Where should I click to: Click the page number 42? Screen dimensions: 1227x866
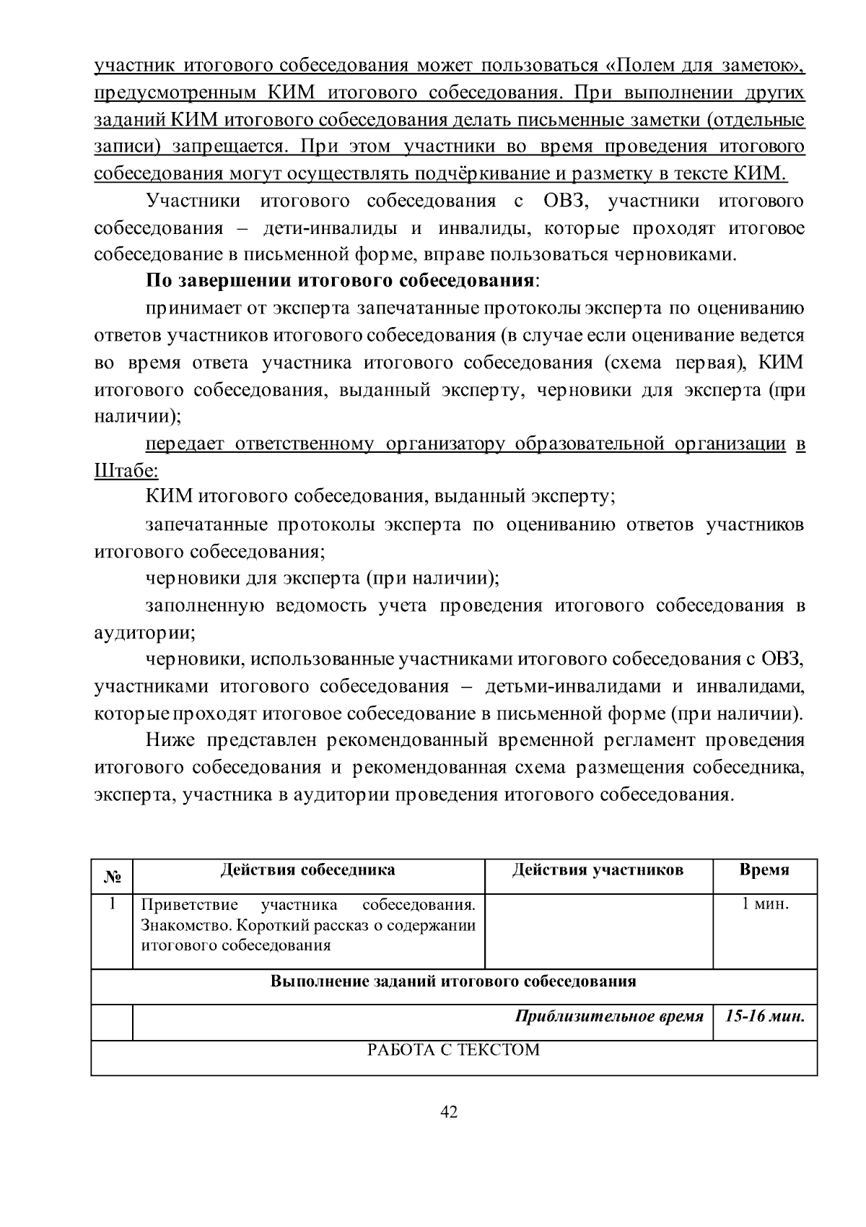[x=449, y=1112]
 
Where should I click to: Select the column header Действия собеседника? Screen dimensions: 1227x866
[x=307, y=870]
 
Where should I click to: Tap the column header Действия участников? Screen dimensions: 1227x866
[x=598, y=870]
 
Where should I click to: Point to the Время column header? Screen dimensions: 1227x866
[x=764, y=870]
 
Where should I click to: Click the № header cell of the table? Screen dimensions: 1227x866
[x=112, y=877]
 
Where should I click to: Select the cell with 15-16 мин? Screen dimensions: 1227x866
[x=765, y=1016]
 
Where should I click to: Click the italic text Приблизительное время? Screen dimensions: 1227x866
[x=609, y=1016]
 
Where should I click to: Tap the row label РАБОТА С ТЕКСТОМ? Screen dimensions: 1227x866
[x=454, y=1049]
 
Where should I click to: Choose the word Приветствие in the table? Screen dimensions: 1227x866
[x=179, y=905]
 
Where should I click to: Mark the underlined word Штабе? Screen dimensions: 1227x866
[x=126, y=471]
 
